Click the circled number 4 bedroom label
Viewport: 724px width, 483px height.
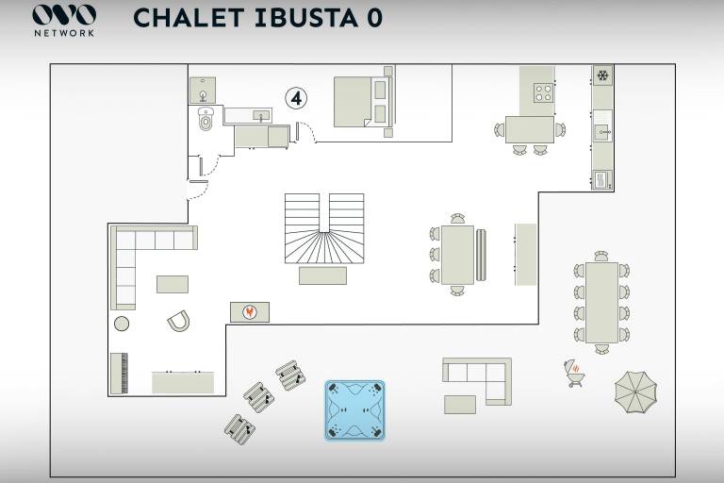[296, 98]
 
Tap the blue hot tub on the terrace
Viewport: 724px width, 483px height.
[354, 410]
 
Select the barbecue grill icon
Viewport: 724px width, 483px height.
[574, 373]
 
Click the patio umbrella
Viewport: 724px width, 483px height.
[635, 392]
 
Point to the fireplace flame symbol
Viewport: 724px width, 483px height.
[250, 312]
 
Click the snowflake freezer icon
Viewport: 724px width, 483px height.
[602, 75]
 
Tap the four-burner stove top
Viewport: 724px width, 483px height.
[543, 92]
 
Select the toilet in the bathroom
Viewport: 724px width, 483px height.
[206, 119]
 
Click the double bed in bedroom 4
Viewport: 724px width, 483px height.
[363, 102]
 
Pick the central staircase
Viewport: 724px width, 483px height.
[324, 229]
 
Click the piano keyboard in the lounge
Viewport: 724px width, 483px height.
[119, 374]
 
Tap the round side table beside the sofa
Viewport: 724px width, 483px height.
[122, 324]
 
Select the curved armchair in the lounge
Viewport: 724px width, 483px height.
[179, 321]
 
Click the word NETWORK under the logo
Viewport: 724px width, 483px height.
[64, 33]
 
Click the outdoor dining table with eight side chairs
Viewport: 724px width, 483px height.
[601, 303]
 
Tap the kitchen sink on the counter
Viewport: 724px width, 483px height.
[602, 132]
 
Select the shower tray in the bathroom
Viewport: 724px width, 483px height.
[203, 91]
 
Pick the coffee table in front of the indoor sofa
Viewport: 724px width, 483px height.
[173, 284]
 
